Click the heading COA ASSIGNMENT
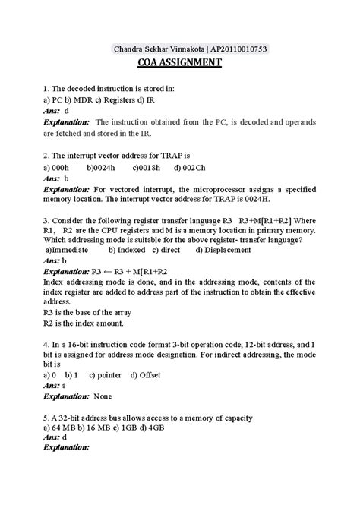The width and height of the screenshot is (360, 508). tap(179, 63)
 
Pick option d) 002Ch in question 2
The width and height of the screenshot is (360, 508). tap(190, 167)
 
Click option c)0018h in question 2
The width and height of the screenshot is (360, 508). tap(147, 167)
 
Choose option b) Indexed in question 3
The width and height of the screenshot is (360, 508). tap(126, 249)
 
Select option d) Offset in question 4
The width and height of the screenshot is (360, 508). tap(145, 375)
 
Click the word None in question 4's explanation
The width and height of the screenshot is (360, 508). tap(102, 395)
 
